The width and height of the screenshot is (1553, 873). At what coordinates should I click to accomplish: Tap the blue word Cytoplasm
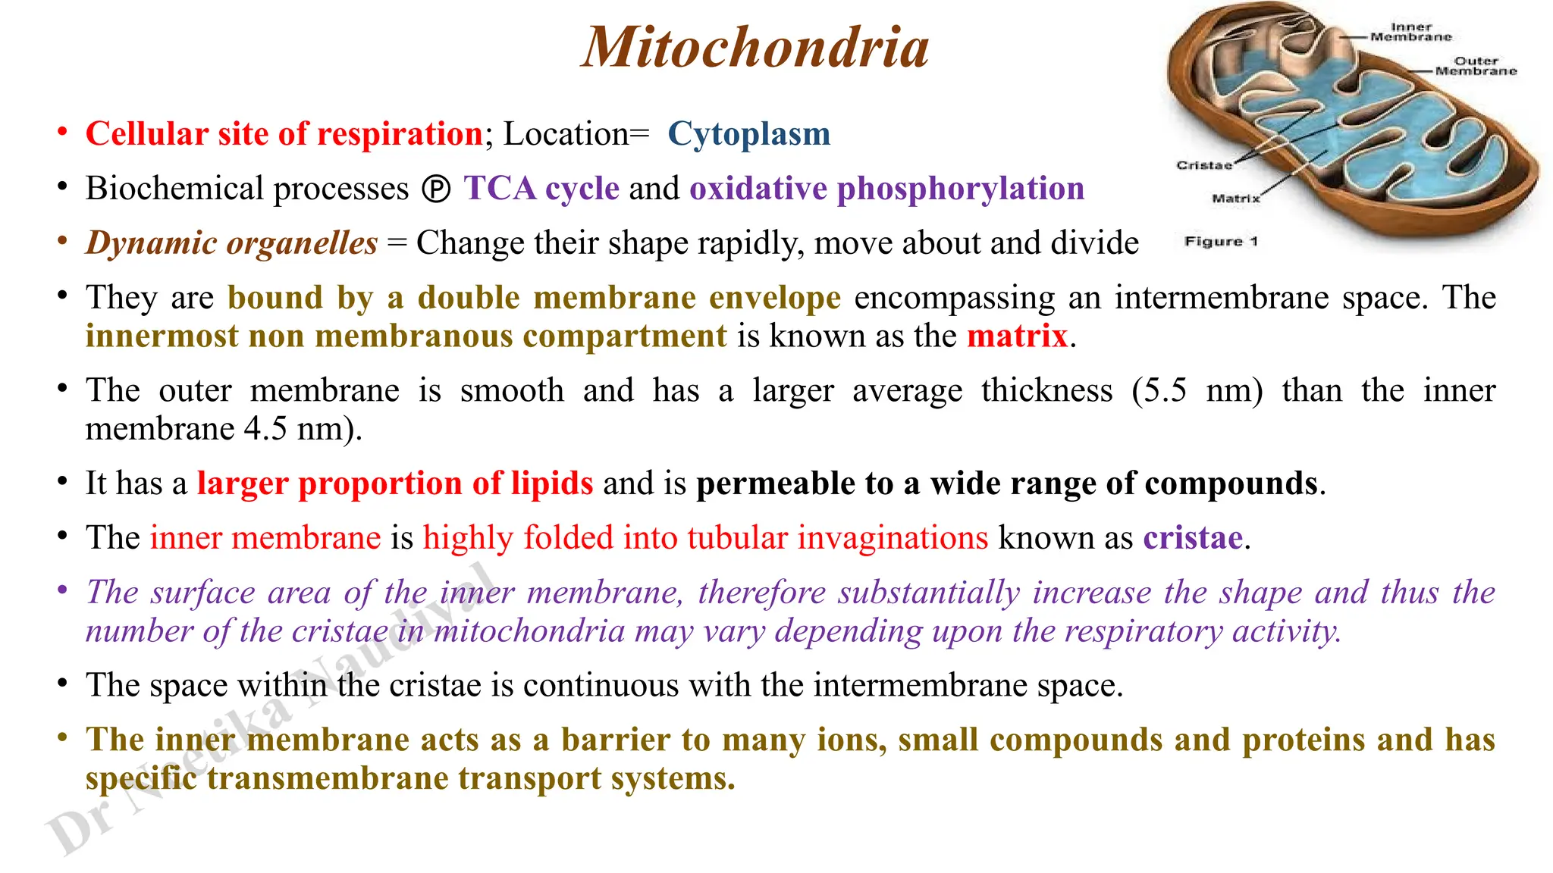click(x=748, y=134)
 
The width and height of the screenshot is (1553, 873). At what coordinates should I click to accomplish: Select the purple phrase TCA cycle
click(x=541, y=189)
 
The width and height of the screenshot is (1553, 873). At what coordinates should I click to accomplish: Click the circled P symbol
click(x=436, y=189)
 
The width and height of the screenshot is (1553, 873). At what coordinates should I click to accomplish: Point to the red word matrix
click(x=1017, y=336)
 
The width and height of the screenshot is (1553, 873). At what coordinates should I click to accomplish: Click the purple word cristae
click(x=1193, y=538)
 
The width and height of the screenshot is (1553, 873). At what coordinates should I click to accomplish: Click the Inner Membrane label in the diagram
click(x=1410, y=32)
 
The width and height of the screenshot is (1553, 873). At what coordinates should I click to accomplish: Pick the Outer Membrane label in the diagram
click(x=1476, y=66)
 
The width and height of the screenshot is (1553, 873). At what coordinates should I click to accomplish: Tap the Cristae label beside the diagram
click(x=1203, y=165)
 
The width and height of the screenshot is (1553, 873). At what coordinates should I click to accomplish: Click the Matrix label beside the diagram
click(x=1235, y=199)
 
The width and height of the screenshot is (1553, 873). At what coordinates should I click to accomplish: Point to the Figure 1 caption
click(x=1221, y=242)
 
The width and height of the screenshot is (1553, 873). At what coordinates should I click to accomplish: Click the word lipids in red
click(x=551, y=483)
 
